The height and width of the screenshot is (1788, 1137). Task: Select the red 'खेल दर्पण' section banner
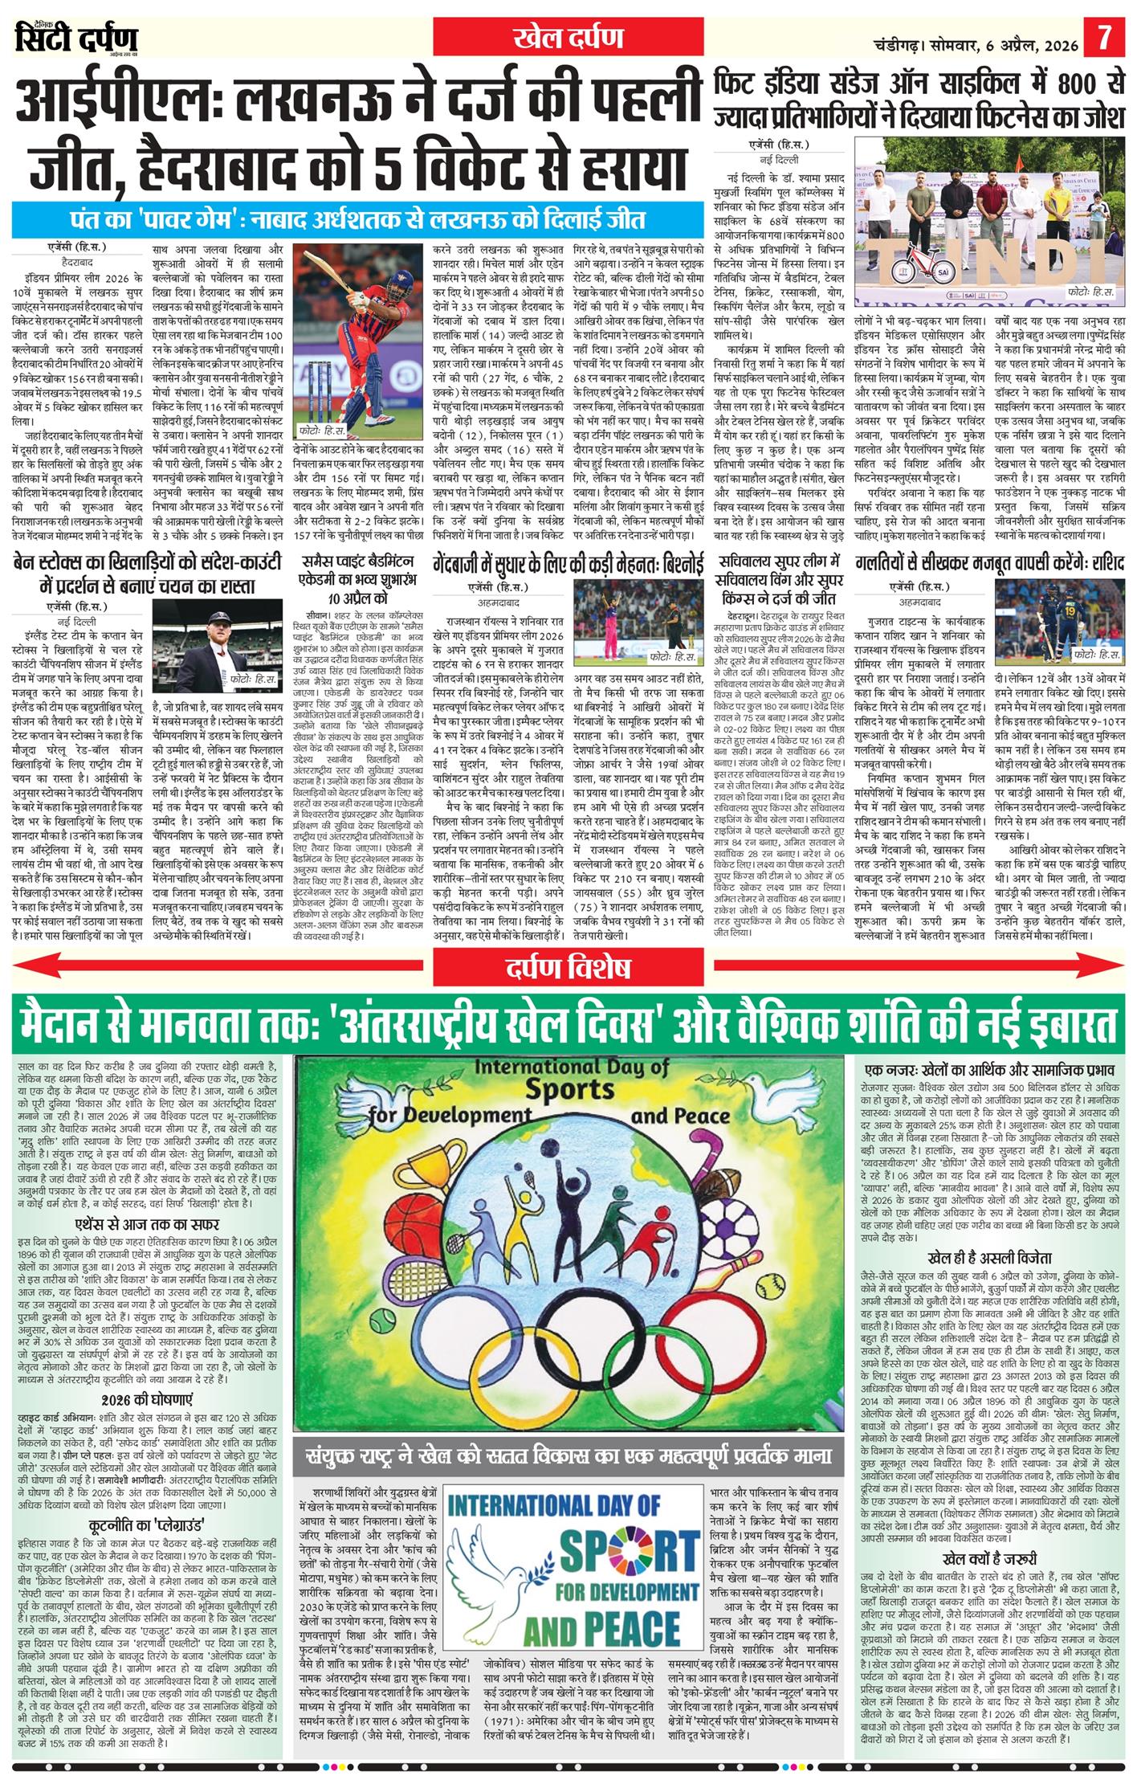(568, 38)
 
